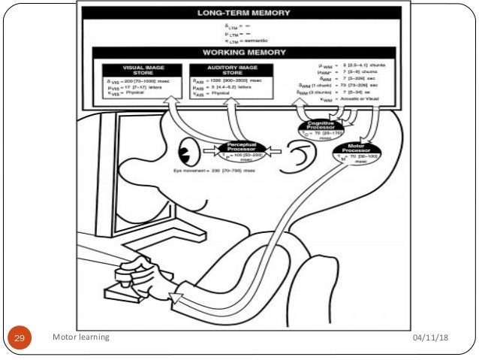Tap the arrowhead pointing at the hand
(x=176, y=300)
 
